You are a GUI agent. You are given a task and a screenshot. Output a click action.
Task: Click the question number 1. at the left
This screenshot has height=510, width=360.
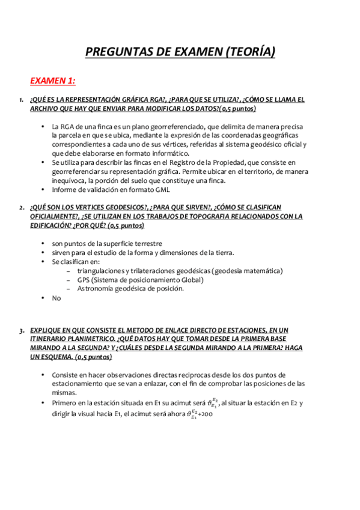(x=21, y=100)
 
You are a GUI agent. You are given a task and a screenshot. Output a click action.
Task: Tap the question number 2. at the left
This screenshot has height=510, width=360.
(x=21, y=207)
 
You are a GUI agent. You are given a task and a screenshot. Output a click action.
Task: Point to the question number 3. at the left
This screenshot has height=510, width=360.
(x=21, y=330)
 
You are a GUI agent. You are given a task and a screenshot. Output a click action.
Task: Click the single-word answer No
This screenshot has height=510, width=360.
(x=56, y=298)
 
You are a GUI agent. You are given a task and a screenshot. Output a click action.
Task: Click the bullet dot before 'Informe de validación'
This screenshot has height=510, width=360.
(x=43, y=189)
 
